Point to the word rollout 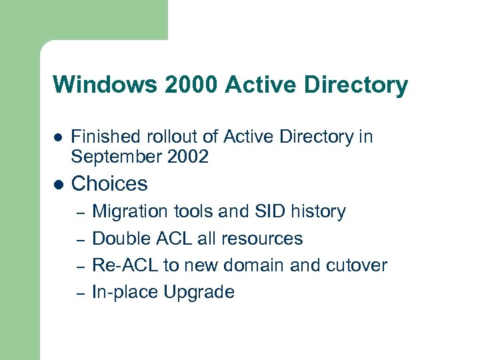point(158,137)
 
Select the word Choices point(109,183)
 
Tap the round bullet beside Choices point(58,184)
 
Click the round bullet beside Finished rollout point(58,138)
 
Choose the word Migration point(127,212)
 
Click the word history point(319,212)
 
